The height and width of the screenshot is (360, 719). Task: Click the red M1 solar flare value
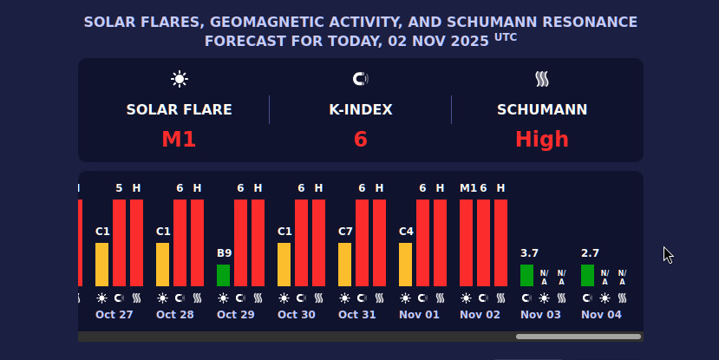[179, 139]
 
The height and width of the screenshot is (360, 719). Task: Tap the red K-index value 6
[361, 139]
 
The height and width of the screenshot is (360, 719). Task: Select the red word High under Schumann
[542, 139]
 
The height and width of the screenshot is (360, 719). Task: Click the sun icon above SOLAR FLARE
[180, 80]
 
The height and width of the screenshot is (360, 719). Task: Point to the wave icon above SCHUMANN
[542, 80]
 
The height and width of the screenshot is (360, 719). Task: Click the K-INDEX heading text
[361, 110]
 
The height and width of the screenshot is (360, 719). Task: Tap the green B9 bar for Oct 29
[223, 275]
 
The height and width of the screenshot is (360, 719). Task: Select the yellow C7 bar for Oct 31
[344, 265]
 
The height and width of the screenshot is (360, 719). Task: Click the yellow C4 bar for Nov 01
[405, 265]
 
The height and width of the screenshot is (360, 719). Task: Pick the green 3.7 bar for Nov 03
[526, 275]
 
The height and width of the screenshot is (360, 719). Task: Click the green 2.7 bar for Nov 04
[587, 275]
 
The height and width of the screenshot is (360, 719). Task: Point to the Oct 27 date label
[114, 314]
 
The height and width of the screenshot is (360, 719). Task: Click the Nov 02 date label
[480, 314]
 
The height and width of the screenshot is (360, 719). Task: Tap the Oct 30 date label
[297, 314]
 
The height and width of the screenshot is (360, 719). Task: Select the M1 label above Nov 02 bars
[467, 187]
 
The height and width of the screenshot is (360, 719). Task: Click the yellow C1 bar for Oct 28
[162, 265]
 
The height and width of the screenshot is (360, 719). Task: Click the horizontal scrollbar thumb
[578, 337]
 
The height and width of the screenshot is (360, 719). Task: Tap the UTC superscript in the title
[506, 36]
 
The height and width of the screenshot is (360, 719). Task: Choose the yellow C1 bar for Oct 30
[284, 265]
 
